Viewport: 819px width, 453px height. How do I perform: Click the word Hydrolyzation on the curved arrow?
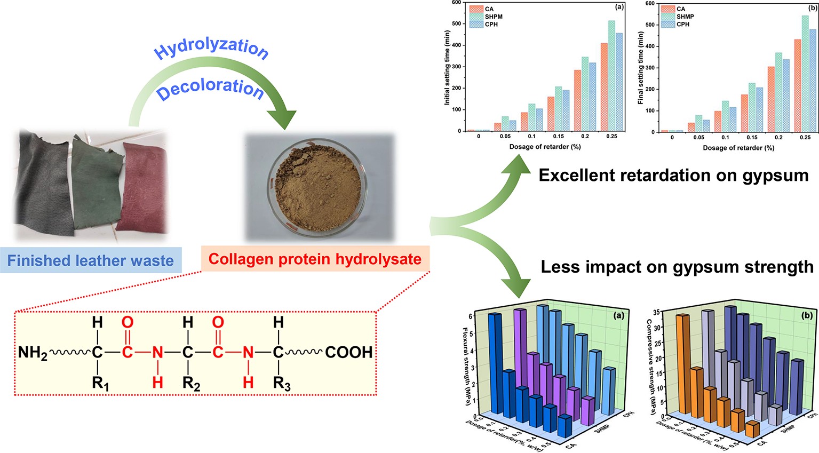211,49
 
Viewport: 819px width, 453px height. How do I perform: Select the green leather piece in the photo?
97,181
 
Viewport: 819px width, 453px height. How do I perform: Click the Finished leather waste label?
91,260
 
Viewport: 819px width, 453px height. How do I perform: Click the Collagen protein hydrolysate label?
315,259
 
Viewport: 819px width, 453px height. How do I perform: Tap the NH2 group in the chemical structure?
33,353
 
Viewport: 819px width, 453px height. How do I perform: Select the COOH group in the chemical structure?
348,353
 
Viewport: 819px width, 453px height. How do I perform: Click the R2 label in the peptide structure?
191,383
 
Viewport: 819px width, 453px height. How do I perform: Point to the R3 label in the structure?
282,383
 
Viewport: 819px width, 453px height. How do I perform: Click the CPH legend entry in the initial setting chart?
491,25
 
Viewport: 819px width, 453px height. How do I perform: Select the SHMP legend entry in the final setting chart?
685,17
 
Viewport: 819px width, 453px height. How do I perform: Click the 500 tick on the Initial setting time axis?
456,23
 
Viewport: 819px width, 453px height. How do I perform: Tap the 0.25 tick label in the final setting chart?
805,138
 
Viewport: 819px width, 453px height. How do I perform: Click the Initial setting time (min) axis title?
447,67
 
